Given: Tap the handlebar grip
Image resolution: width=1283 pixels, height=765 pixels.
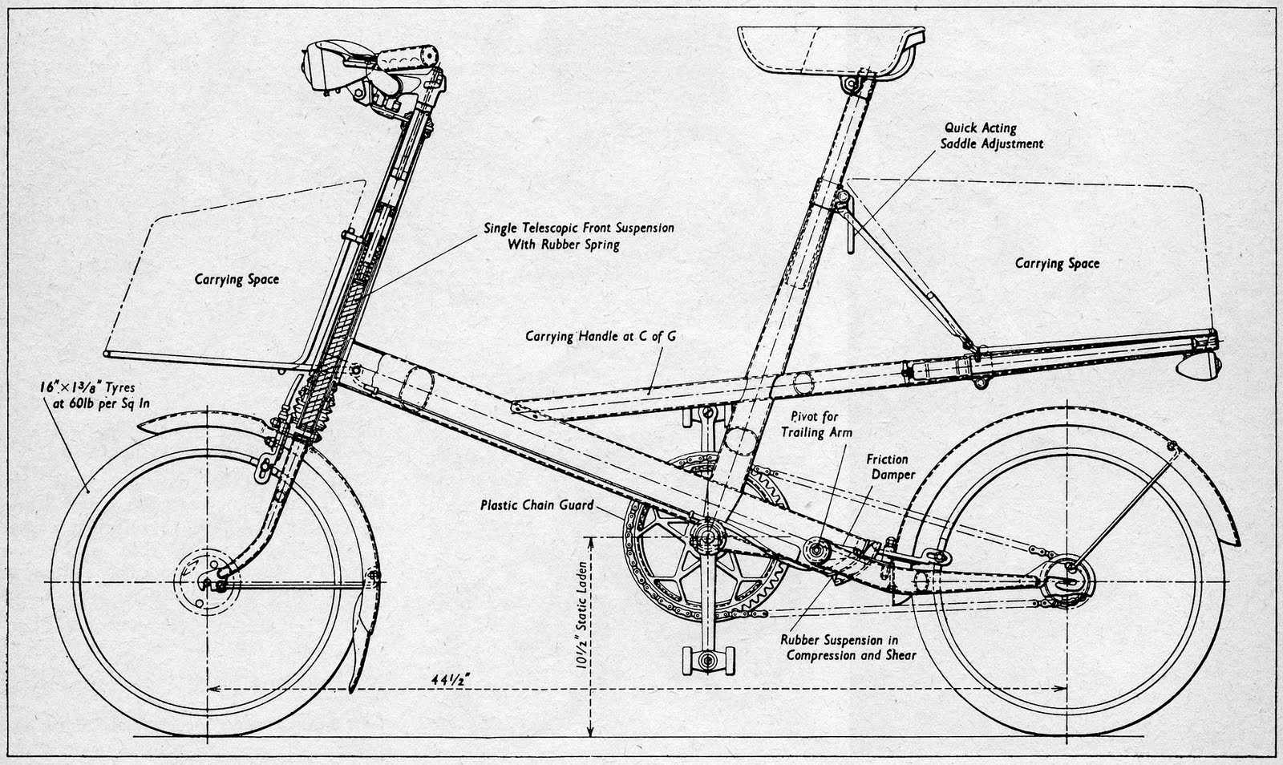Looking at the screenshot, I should [410, 59].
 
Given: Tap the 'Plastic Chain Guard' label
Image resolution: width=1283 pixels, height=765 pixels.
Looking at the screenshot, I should [536, 505].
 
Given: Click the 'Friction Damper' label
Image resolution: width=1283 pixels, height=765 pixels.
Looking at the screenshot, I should [887, 467].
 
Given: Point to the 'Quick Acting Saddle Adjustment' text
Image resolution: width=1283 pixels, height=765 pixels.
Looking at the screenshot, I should [993, 136].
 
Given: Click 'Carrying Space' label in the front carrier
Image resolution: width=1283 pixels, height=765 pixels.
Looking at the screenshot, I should [237, 279].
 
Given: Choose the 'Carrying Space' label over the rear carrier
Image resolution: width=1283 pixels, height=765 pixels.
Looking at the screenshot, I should [1057, 263].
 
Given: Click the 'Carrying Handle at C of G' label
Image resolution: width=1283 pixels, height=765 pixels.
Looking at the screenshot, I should [600, 336].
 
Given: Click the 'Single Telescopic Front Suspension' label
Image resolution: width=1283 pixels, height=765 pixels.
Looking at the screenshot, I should [578, 236].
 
